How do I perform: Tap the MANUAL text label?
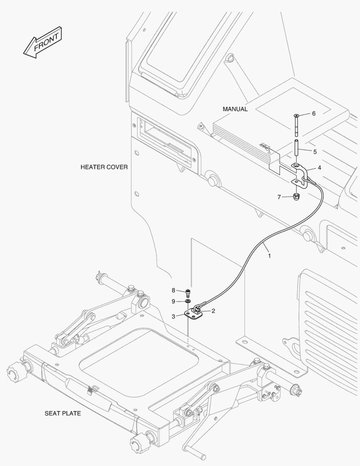click(x=235, y=109)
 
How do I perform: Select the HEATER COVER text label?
click(x=104, y=167)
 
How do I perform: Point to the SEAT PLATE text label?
click(x=63, y=413)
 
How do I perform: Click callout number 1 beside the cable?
click(x=270, y=256)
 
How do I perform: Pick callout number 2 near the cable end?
click(x=213, y=310)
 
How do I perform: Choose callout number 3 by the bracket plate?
click(x=173, y=316)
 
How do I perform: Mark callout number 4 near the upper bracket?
click(x=319, y=167)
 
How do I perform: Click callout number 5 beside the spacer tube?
click(x=315, y=151)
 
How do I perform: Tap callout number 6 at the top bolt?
click(x=314, y=113)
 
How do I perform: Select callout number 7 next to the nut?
click(x=279, y=197)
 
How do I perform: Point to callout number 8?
click(x=173, y=290)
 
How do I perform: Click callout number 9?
click(x=173, y=301)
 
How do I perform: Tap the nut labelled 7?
click(x=296, y=197)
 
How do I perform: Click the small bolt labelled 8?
click(x=188, y=292)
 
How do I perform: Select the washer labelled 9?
click(x=188, y=301)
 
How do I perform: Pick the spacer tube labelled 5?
click(x=297, y=149)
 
